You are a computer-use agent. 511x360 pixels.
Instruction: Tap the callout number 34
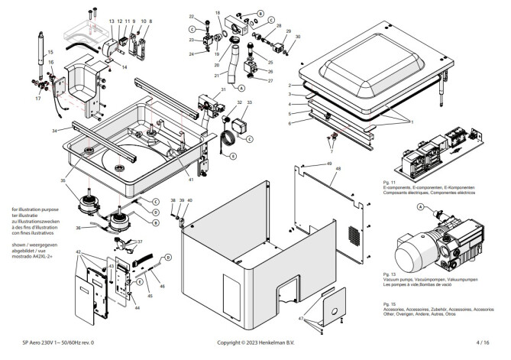(x=56, y=131)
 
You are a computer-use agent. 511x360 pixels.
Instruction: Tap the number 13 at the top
(x=112, y=21)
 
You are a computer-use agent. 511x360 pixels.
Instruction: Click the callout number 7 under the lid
(x=332, y=152)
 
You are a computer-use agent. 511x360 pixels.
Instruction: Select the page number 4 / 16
(x=482, y=344)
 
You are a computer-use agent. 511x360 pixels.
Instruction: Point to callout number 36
(x=79, y=227)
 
